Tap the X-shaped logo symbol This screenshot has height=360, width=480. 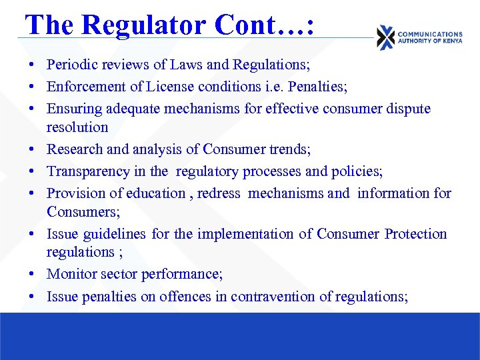[385, 37]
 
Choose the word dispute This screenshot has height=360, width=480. [408, 108]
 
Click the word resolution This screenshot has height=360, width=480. [77, 127]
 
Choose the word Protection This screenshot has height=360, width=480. [415, 234]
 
